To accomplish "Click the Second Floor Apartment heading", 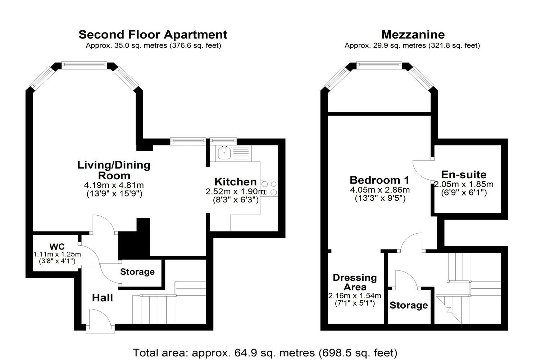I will [x=153, y=35].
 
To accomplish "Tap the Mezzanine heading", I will [x=413, y=35].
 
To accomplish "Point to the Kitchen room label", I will [x=236, y=182].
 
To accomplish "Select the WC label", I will [x=57, y=247].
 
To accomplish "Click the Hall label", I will [x=102, y=298].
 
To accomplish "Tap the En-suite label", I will [x=464, y=175].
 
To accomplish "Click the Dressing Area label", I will [x=355, y=282].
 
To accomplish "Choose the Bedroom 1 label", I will [x=380, y=180].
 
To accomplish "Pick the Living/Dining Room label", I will [x=114, y=170].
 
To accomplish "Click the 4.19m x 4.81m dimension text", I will [x=114, y=185].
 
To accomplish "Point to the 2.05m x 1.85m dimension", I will [x=464, y=184].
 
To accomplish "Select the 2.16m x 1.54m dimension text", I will [x=354, y=296].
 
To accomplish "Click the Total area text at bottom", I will [x=265, y=352].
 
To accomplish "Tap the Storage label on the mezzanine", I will [x=409, y=306].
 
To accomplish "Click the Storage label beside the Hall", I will [x=137, y=272].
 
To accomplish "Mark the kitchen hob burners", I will [x=270, y=188].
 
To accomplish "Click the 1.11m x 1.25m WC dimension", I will [x=57, y=254].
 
